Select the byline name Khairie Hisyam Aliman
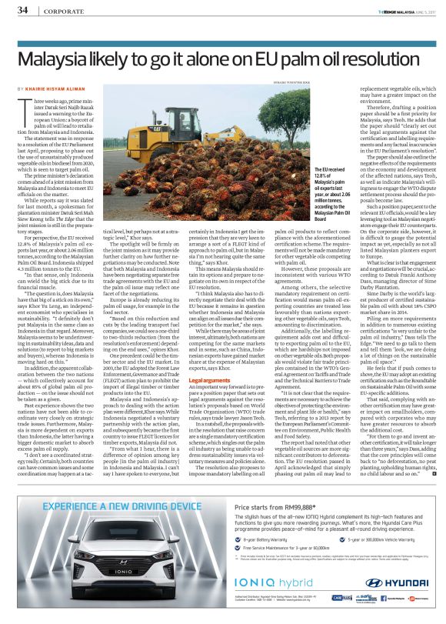tap(55, 89)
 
